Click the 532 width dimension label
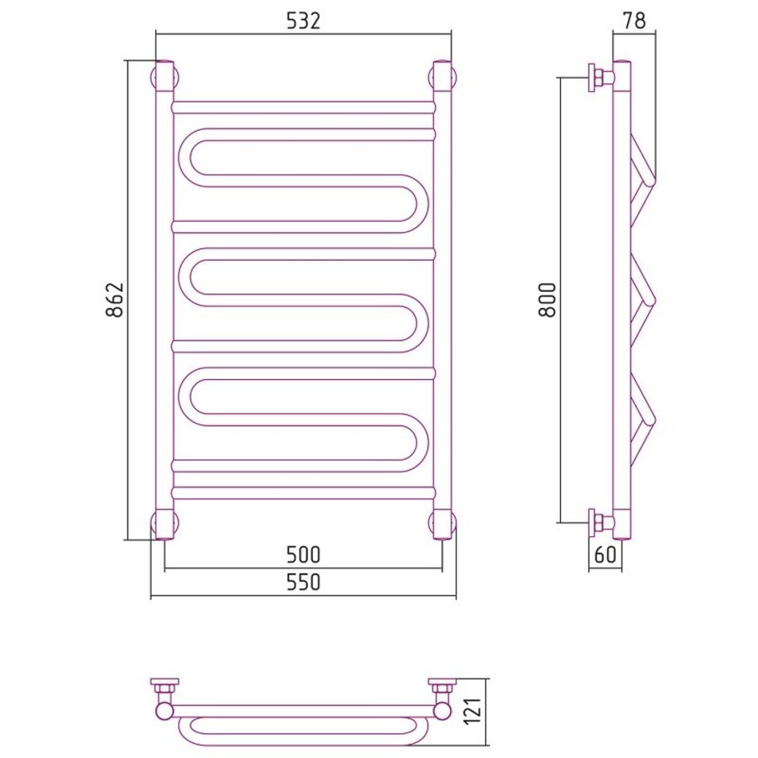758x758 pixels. point(303,22)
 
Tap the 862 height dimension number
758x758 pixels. point(115,300)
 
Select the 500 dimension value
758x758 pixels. point(303,555)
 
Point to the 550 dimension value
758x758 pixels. point(303,582)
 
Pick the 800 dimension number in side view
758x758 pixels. point(547,300)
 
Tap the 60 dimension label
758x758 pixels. point(606,555)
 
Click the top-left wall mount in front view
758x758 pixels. point(164,77)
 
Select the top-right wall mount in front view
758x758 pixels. point(442,77)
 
